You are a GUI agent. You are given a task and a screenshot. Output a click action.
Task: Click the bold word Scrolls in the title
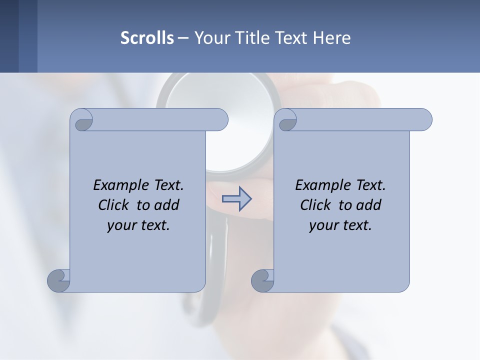[147, 37]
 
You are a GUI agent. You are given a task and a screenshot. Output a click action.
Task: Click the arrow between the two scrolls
[237, 199]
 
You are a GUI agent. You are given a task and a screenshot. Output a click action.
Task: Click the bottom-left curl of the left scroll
[58, 280]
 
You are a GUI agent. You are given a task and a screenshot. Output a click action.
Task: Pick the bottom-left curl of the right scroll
[262, 280]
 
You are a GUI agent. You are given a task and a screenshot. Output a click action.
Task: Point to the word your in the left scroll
[120, 226]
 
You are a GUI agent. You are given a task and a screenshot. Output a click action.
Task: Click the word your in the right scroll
[322, 226]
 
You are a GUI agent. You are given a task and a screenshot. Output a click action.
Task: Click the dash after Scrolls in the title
[183, 37]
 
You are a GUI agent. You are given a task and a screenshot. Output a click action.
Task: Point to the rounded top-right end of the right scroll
[423, 119]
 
